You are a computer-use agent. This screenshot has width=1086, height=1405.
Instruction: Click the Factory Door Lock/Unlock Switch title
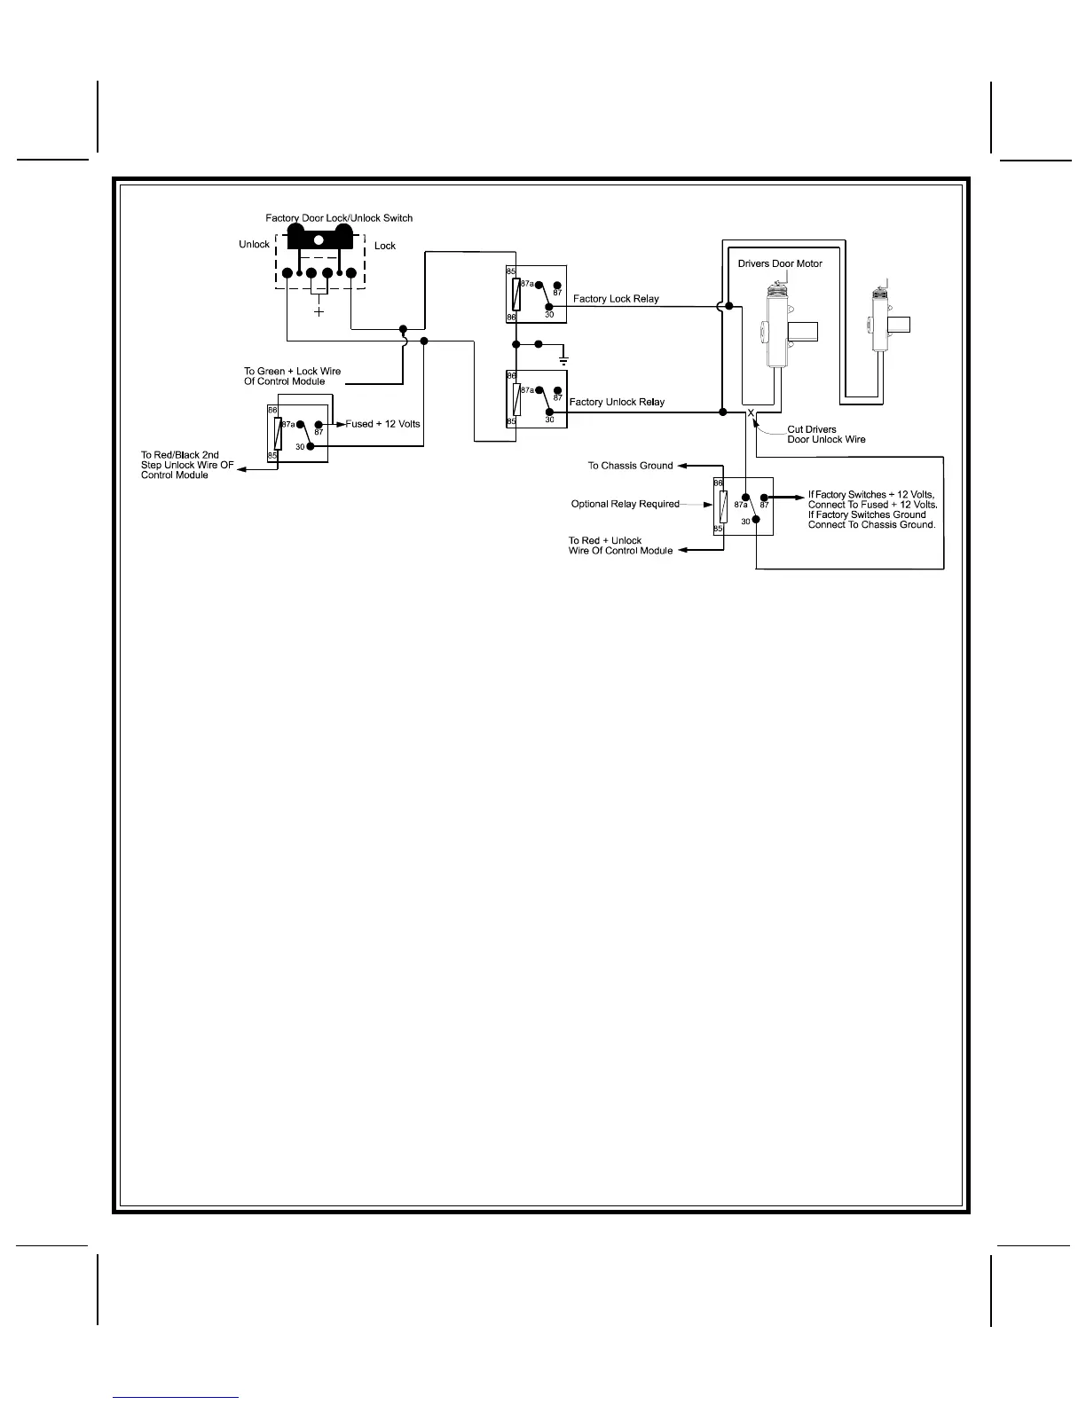[x=339, y=218]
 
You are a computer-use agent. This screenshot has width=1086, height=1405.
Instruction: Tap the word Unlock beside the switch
[x=254, y=245]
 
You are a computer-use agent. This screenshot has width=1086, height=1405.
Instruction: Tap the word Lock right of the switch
[x=385, y=246]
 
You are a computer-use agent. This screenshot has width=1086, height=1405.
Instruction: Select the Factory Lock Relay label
[x=616, y=299]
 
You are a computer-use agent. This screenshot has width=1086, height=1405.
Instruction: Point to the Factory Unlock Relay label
[x=617, y=402]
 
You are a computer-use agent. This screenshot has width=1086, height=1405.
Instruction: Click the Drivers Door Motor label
[x=780, y=263]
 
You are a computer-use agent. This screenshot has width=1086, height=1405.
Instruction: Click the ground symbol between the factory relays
[x=563, y=358]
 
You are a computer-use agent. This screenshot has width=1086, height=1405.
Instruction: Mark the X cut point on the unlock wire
[x=751, y=413]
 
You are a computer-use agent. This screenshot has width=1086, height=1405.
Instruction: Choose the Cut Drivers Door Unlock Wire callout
[x=826, y=435]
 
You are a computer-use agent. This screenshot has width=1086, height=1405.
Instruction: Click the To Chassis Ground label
[x=630, y=466]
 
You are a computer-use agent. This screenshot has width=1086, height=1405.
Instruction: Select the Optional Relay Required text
[x=625, y=504]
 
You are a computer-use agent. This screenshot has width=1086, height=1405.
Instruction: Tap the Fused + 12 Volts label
[x=382, y=424]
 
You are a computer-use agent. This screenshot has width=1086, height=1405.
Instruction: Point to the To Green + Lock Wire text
[x=292, y=376]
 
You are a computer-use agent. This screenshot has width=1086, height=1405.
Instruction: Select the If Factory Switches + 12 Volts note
[x=872, y=509]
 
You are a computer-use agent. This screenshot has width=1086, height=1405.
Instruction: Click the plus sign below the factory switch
[x=319, y=311]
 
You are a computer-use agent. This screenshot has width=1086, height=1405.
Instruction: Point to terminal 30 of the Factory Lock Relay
[x=549, y=307]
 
